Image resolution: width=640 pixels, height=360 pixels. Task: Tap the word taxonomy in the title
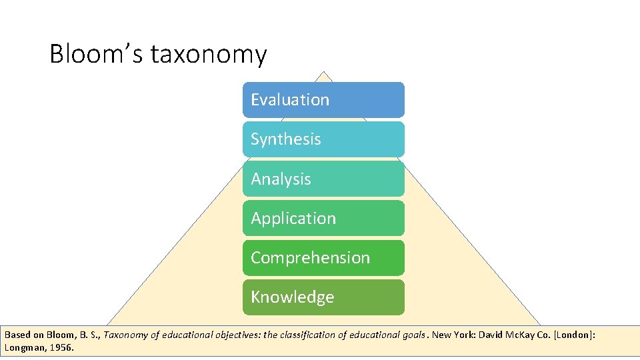point(209,55)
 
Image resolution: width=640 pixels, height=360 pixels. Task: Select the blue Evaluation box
point(323,100)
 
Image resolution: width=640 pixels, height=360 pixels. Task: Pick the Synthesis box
point(323,139)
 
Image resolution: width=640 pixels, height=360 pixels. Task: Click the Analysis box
point(323,179)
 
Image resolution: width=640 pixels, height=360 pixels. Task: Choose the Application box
point(323,218)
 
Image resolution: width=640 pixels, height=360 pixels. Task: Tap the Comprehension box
point(323,257)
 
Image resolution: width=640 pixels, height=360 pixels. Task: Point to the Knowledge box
point(323,297)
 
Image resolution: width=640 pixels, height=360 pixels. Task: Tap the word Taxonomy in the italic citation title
point(126,335)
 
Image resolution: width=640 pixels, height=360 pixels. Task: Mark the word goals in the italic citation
point(413,335)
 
